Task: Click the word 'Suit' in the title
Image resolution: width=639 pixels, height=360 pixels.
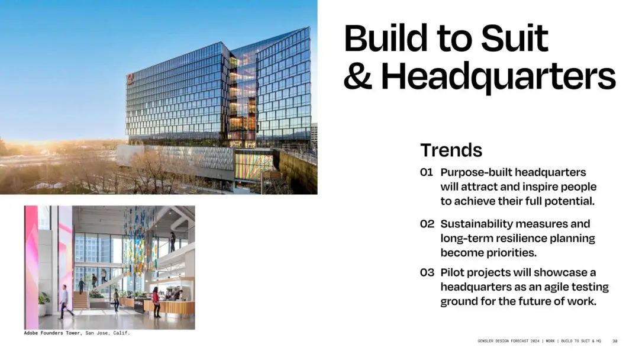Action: click(x=514, y=38)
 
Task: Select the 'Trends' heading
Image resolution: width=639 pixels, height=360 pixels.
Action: click(x=451, y=150)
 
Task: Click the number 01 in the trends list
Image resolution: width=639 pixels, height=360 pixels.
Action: click(x=426, y=172)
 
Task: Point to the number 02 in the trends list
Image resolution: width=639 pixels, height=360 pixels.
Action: click(x=427, y=224)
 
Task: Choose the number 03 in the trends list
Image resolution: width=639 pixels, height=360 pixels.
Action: click(x=427, y=272)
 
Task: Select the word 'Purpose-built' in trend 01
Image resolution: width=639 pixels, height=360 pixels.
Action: click(x=476, y=173)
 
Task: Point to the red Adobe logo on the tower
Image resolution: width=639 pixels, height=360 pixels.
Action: click(x=130, y=79)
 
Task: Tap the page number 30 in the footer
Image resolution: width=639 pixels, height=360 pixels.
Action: click(x=615, y=341)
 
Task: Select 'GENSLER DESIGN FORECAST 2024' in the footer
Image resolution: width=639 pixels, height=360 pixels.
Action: click(x=508, y=341)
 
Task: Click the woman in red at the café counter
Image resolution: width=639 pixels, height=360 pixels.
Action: click(x=156, y=302)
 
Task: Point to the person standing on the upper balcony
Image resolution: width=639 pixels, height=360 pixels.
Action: click(x=173, y=242)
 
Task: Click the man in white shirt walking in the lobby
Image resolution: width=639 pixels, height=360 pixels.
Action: click(x=65, y=302)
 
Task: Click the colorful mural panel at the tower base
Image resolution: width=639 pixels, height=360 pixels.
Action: click(x=253, y=165)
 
